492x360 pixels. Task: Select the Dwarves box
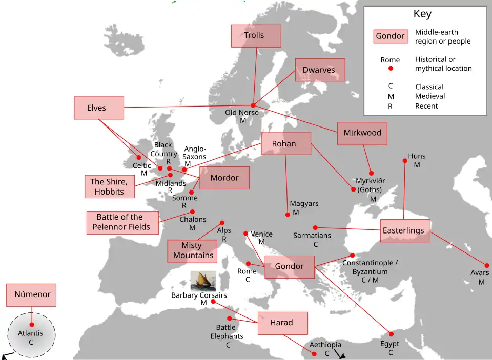click(x=320, y=70)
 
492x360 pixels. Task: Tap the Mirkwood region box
click(x=362, y=133)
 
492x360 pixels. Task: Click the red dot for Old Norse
click(x=253, y=105)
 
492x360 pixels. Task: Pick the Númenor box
click(x=31, y=295)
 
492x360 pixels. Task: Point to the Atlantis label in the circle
click(x=31, y=333)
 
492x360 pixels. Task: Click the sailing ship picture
click(x=203, y=281)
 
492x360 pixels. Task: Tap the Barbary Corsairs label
click(x=199, y=295)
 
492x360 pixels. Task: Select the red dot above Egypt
click(x=391, y=334)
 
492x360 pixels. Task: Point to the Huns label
click(x=417, y=156)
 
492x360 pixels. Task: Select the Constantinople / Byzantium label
click(x=370, y=267)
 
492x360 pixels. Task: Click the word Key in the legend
click(x=423, y=14)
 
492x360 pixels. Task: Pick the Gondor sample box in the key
click(x=391, y=36)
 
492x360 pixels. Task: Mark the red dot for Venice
click(x=246, y=234)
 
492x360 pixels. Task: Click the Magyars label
click(x=304, y=204)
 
